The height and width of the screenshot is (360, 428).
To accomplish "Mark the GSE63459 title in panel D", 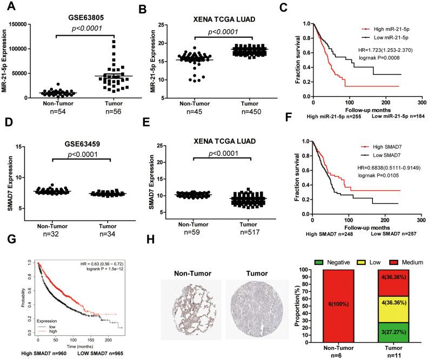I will [x=83, y=146].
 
